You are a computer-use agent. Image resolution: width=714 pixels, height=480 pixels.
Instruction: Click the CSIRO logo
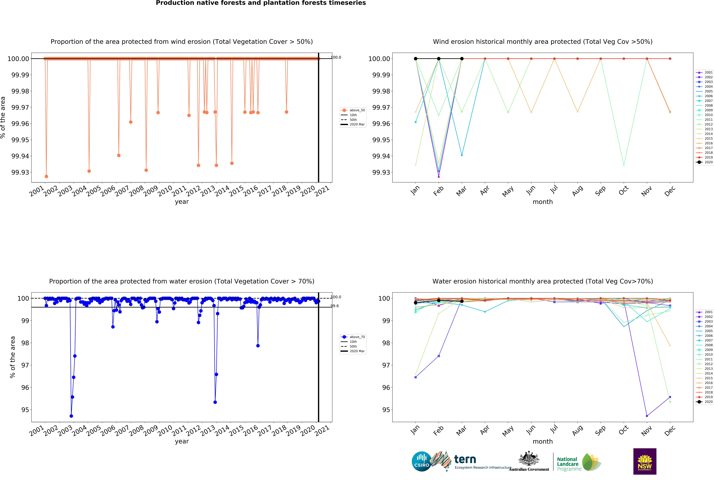pyautogui.click(x=421, y=461)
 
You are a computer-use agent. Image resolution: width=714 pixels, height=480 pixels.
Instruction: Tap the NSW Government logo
pyautogui.click(x=645, y=461)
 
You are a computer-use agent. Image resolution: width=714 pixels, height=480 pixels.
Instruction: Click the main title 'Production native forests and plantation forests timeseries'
pyautogui.click(x=261, y=3)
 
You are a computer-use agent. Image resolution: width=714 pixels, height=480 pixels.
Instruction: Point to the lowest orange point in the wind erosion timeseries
pyautogui.click(x=46, y=176)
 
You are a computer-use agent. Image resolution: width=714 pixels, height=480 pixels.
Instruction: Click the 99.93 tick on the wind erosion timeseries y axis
pyautogui.click(x=20, y=172)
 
